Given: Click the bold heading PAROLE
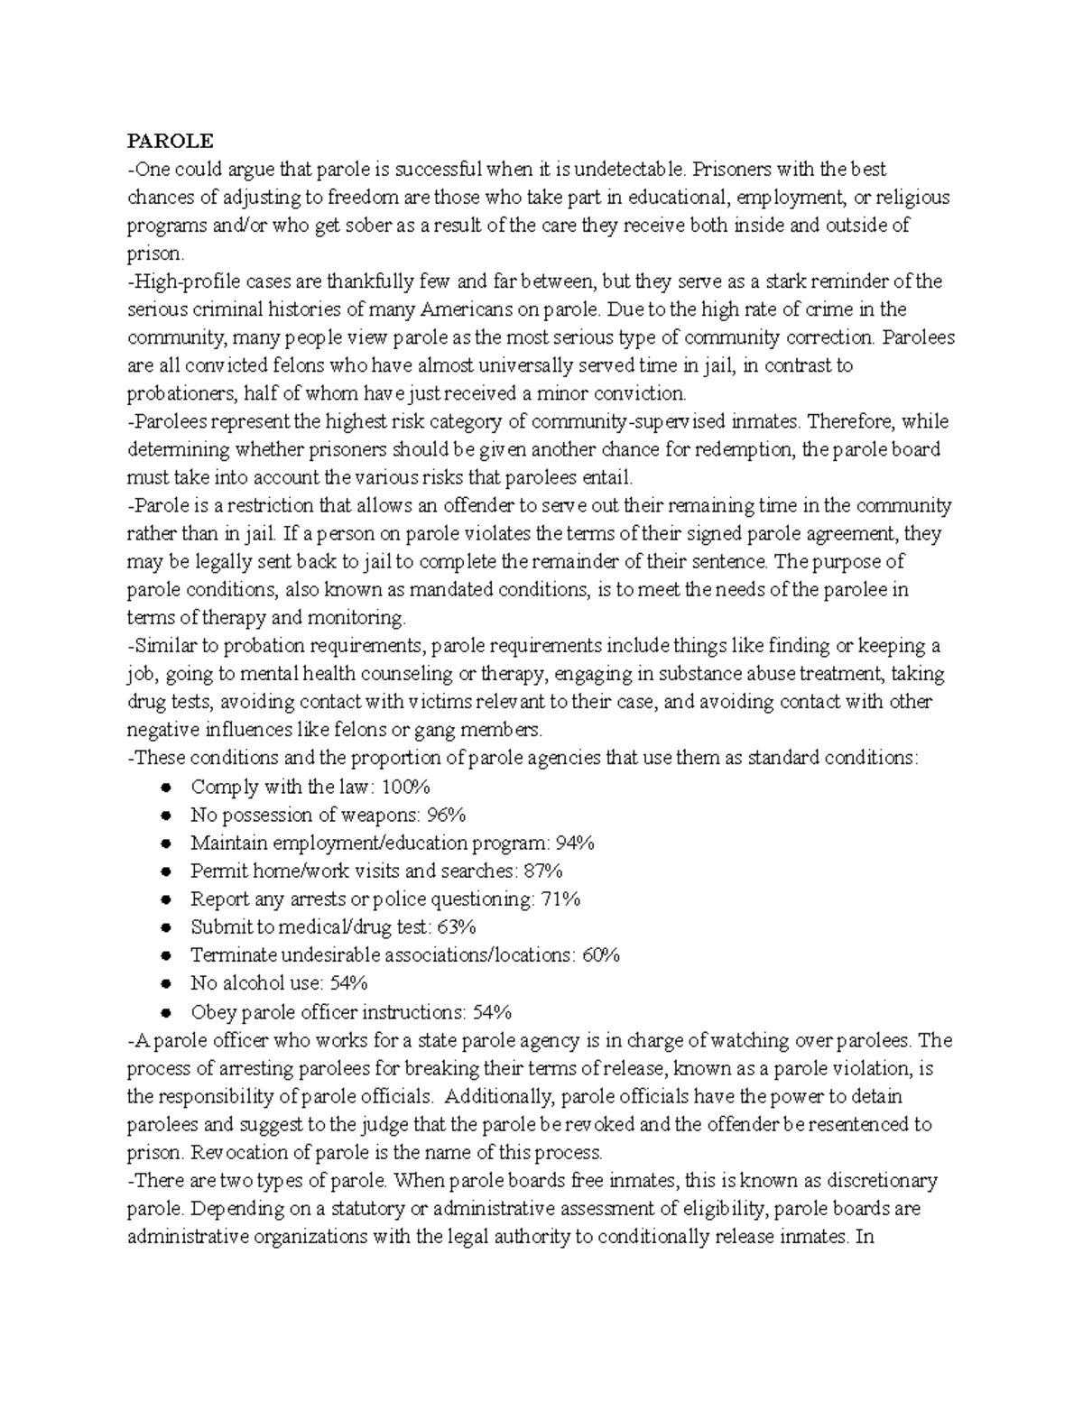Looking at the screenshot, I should (171, 142).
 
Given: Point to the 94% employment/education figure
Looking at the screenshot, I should (575, 843).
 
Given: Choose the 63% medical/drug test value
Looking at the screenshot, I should (457, 926).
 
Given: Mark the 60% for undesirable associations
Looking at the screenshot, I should (600, 954).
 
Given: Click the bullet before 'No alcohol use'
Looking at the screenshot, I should (165, 983).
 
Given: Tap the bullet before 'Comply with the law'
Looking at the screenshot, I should (165, 788).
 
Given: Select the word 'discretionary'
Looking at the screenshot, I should (877, 1180).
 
